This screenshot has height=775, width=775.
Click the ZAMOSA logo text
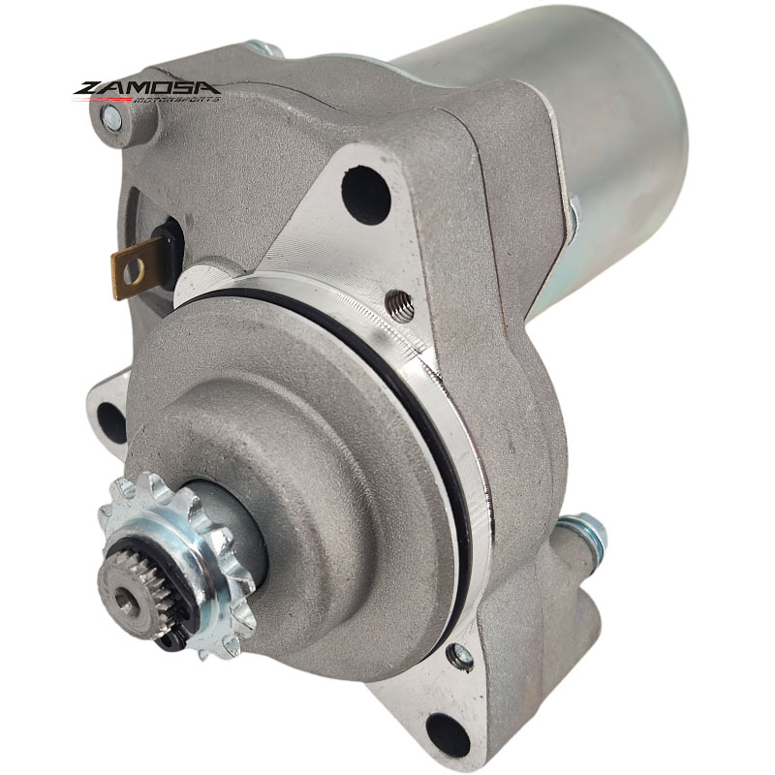click(147, 88)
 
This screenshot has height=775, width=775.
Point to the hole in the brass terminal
click(134, 271)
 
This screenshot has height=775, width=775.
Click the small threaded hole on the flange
click(399, 305)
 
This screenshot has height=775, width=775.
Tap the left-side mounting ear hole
click(111, 422)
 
